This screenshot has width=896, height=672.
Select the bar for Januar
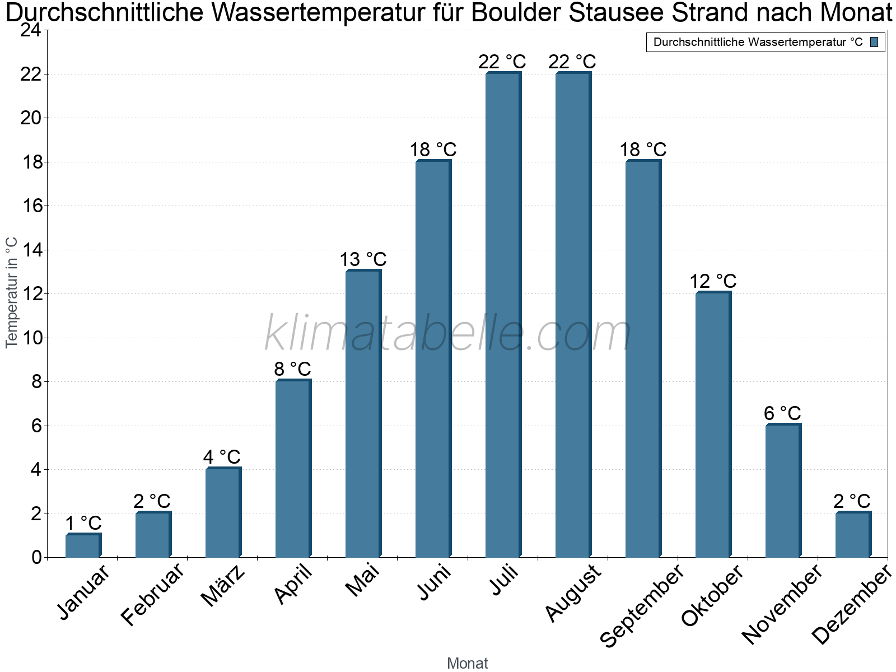click(83, 545)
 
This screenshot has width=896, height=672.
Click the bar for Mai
click(363, 413)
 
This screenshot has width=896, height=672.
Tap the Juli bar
click(503, 315)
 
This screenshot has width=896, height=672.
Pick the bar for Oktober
click(713, 424)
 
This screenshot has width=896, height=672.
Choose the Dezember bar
click(853, 534)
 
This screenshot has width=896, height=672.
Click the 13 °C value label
click(363, 259)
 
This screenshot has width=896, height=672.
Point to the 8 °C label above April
click(292, 369)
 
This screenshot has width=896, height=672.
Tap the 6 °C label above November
click(782, 413)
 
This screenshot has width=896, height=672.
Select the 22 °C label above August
click(572, 62)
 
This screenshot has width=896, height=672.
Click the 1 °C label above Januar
click(83, 522)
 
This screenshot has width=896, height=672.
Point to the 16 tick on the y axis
click(32, 206)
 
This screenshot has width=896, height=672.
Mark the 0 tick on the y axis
click(37, 557)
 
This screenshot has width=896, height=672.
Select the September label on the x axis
click(642, 605)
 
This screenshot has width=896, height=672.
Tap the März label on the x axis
click(223, 586)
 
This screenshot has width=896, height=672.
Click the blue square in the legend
click(874, 42)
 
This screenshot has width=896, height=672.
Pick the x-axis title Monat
click(468, 663)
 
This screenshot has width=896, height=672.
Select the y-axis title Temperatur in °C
click(11, 292)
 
